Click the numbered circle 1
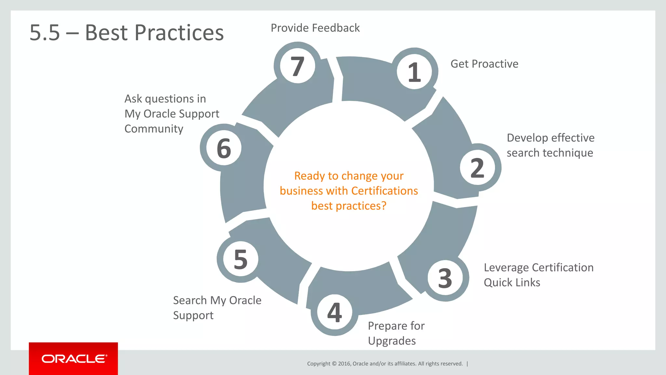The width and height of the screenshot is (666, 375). (414, 72)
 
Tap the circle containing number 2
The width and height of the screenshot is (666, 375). (477, 168)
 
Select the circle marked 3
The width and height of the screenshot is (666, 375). (445, 278)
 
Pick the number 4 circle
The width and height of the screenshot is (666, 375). (335, 312)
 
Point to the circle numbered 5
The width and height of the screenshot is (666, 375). (241, 259)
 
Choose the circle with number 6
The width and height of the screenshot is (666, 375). (224, 148)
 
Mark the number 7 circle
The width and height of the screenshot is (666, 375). (297, 66)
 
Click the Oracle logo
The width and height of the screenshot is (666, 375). (74, 359)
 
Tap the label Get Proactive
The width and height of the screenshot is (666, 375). (484, 64)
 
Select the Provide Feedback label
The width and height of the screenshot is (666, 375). (315, 28)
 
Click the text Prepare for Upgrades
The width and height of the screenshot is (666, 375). (396, 333)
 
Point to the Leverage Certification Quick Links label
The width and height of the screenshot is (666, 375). (539, 275)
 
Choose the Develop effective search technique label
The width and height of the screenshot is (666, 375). (550, 145)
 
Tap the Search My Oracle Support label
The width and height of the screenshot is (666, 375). (217, 308)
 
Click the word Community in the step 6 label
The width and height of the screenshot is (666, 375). (154, 129)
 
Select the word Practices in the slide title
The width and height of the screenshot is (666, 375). (179, 33)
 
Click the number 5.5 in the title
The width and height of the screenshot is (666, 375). (45, 33)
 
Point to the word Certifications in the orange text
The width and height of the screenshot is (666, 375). (385, 191)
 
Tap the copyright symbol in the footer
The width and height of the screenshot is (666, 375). (334, 364)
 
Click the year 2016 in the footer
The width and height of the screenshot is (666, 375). (344, 364)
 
